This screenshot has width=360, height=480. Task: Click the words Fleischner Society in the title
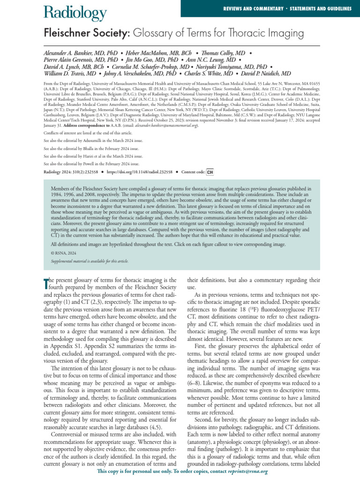(77, 34)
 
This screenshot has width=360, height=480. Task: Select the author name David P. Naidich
(264, 74)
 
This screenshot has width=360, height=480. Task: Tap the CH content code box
(210, 172)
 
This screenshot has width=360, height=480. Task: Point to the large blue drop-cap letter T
(46, 283)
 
